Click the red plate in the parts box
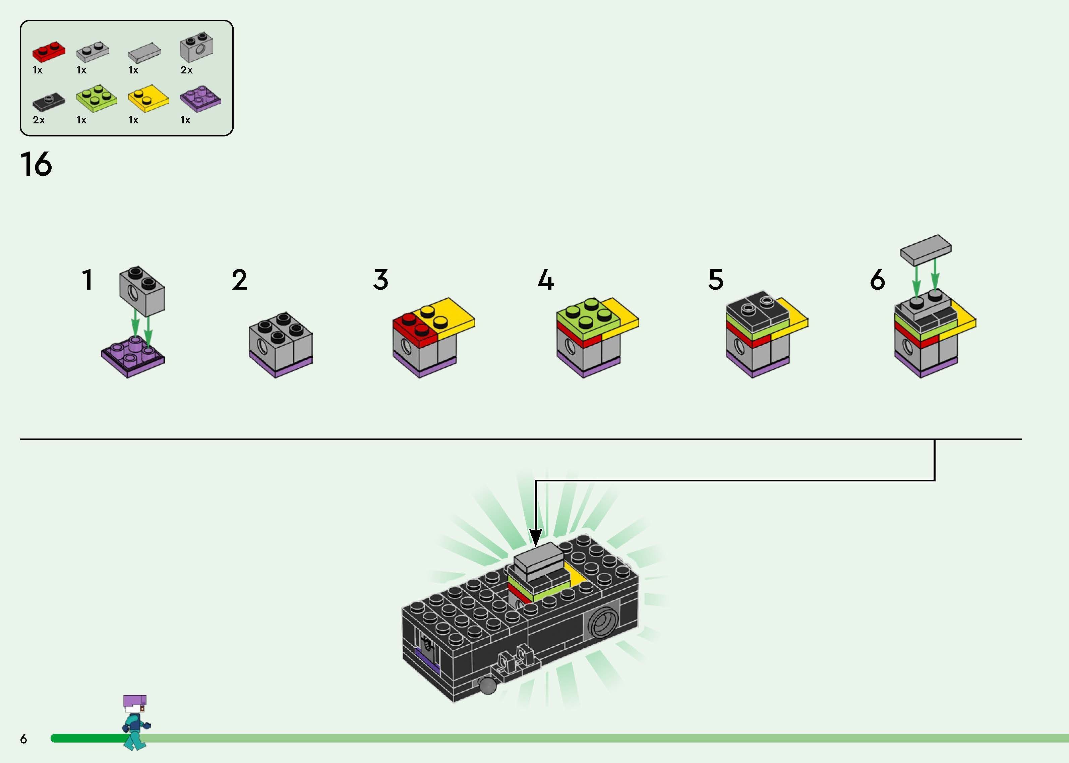[48, 51]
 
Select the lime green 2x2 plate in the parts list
[97, 99]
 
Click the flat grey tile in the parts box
[144, 53]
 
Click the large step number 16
[36, 165]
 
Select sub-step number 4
[546, 280]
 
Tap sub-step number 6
[877, 280]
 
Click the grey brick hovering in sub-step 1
[142, 291]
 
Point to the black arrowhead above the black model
[535, 537]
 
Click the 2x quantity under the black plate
[39, 120]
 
